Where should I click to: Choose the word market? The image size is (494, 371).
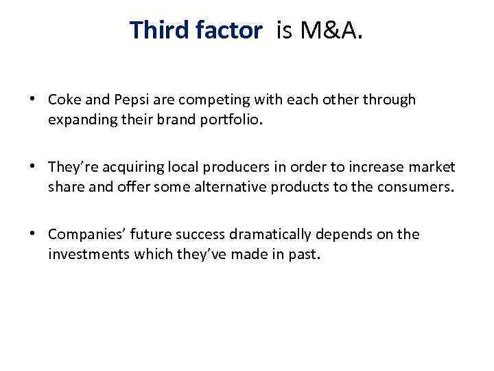tap(430, 167)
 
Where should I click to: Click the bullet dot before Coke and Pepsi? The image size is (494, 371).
tap(32, 99)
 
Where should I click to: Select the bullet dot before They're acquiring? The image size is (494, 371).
tap(32, 166)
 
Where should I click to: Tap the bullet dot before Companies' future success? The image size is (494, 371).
tap(32, 234)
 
